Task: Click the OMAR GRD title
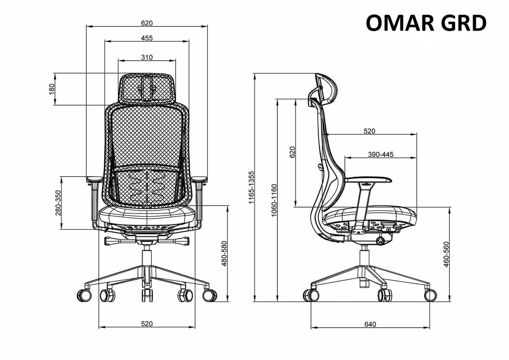(x=426, y=23)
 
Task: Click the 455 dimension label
(x=147, y=38)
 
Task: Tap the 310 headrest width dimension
(x=147, y=57)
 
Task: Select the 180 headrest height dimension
(x=52, y=89)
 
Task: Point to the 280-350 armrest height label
(x=59, y=203)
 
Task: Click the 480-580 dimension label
(x=224, y=253)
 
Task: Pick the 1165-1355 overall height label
(x=251, y=187)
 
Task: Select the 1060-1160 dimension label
(x=274, y=200)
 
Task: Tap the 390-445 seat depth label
(x=380, y=155)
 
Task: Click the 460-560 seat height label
(x=446, y=254)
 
